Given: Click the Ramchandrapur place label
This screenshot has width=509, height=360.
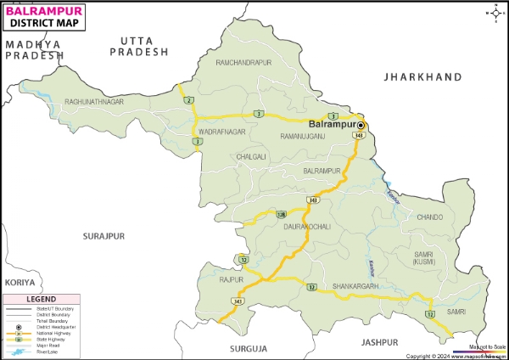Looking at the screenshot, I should [x=243, y=63].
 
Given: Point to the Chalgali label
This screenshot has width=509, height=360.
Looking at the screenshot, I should [x=251, y=157].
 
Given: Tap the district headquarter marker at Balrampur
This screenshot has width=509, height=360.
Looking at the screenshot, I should [x=360, y=124].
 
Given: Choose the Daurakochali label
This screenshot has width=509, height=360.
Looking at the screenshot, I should [x=307, y=227].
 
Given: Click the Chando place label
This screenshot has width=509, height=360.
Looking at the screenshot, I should [x=429, y=217].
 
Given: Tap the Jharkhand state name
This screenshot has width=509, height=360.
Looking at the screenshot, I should [x=422, y=77].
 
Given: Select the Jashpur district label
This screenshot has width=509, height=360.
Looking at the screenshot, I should [x=378, y=342].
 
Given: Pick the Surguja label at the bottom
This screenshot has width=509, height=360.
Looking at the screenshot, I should [x=247, y=348].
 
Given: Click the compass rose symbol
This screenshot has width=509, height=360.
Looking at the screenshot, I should [x=495, y=12].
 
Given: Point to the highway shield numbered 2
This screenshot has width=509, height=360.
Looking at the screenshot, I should [x=187, y=101].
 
